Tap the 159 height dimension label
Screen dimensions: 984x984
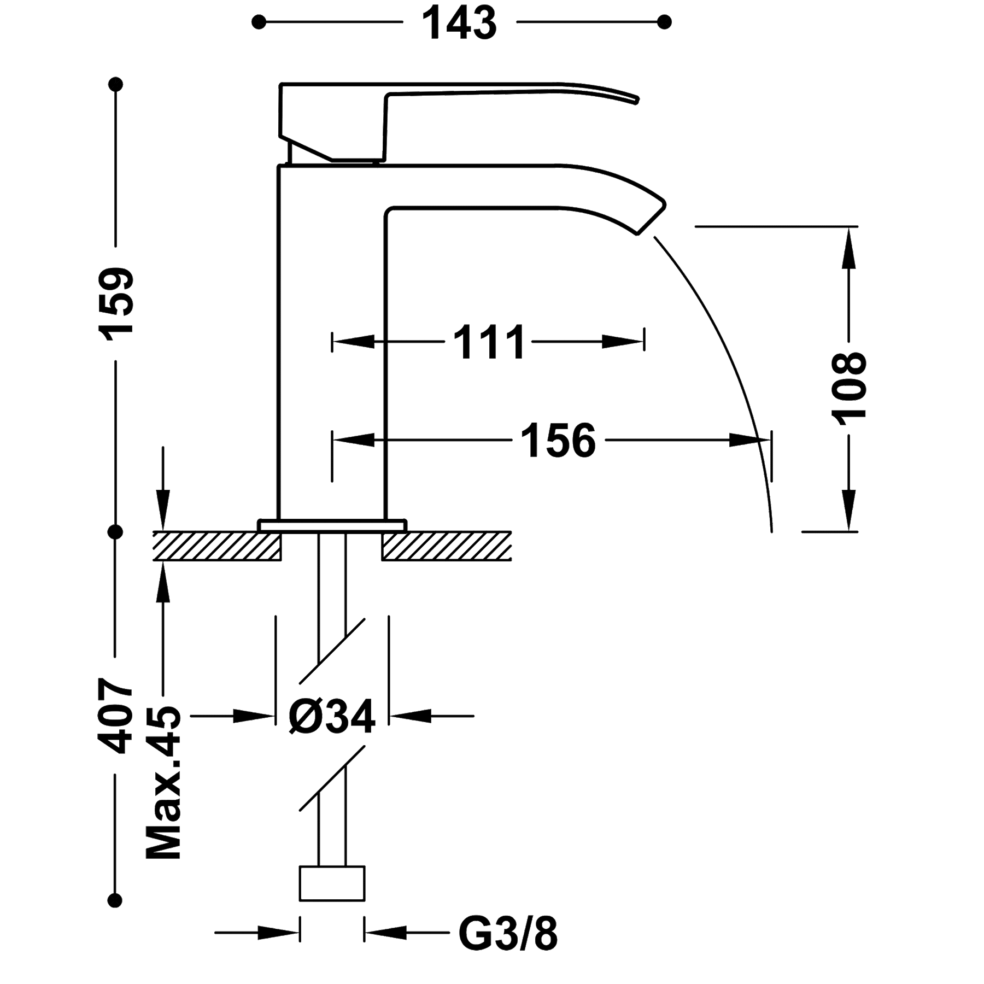pos(115,304)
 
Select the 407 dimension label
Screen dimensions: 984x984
pos(115,716)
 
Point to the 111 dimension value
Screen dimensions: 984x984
pos(489,342)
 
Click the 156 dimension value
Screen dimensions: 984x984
pos(558,440)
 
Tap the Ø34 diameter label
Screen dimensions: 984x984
pos(332,716)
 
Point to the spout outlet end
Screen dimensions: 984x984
pos(651,219)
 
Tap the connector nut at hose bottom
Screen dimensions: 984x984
pos(332,883)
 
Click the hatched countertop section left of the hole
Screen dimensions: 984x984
pos(217,546)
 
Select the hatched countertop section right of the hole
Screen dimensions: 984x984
pos(447,546)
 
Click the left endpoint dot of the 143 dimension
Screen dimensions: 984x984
pos(259,22)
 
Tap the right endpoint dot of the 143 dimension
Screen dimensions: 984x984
pos(664,22)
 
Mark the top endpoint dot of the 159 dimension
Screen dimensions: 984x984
pos(115,84)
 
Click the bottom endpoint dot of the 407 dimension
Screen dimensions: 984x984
pos(115,900)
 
